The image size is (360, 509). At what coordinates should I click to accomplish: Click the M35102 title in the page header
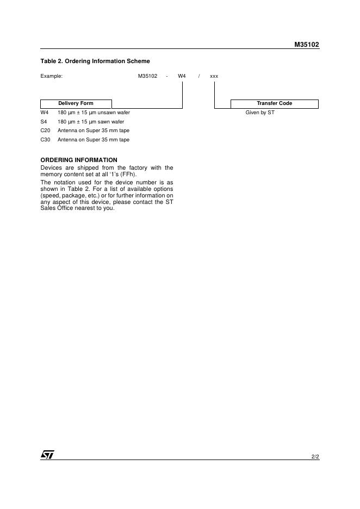[307, 44]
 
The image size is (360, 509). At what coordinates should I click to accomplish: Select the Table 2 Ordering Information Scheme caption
[95, 61]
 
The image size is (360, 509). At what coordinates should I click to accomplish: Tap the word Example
[51, 76]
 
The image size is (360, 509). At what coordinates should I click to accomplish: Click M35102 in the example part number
[147, 76]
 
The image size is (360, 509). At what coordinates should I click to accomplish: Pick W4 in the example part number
[182, 76]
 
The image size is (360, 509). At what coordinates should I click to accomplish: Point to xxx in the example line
[214, 76]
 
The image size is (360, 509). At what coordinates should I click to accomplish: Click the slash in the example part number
[199, 76]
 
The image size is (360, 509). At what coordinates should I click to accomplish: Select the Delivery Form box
[76, 103]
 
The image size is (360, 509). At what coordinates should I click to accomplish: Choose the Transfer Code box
[275, 103]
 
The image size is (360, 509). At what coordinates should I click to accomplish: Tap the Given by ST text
[260, 113]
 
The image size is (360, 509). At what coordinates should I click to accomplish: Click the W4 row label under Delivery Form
[45, 113]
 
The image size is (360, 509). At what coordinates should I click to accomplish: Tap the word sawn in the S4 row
[105, 122]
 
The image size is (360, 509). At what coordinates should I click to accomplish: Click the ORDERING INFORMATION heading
[79, 160]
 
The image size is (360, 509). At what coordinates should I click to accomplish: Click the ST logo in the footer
[47, 455]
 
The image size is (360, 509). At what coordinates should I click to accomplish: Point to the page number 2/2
[315, 456]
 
